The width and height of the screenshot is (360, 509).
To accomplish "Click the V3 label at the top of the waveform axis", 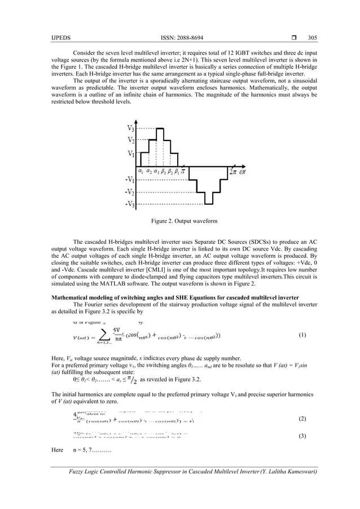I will tap(130, 128).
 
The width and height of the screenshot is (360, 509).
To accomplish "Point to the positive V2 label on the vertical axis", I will tap(130, 139).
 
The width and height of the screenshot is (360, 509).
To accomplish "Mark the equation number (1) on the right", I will tap(302, 335).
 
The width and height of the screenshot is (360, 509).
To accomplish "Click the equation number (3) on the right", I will tap(302, 437).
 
